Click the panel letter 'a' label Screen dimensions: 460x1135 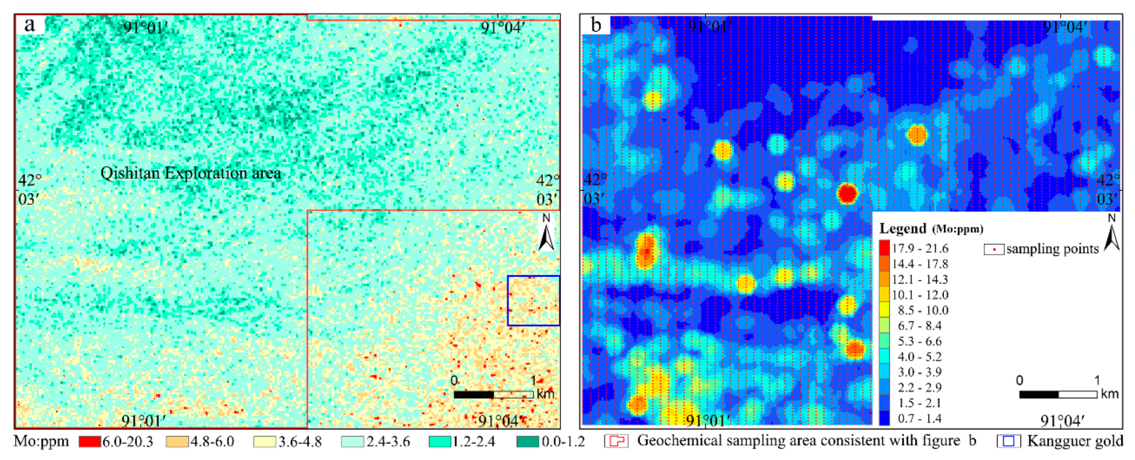[30, 25]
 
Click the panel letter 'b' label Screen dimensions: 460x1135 [596, 25]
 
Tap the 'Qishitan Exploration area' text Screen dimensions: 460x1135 [191, 173]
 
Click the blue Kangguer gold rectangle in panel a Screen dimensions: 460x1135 [533, 301]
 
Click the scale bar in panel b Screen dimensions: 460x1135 [1058, 394]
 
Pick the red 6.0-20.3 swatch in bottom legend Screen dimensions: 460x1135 [90, 442]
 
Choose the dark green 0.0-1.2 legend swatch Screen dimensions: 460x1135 [527, 442]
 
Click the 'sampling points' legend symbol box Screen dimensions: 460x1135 [994, 249]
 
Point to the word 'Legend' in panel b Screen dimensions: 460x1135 [903, 229]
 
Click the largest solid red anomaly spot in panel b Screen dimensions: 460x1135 [847, 194]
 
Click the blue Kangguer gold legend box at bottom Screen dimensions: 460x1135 [1009, 442]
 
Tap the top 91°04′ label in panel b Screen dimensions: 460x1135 [1064, 27]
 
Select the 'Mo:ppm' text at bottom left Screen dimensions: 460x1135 [41, 442]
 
